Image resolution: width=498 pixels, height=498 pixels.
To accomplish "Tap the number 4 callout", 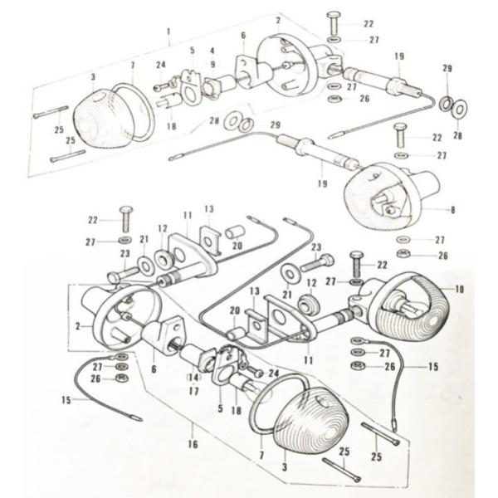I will (x=212, y=51).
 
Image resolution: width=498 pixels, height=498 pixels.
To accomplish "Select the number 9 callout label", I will (x=212, y=65).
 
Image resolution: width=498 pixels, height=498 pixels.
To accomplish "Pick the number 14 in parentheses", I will (x=192, y=376).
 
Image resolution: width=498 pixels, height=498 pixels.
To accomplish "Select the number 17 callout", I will (x=193, y=391).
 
